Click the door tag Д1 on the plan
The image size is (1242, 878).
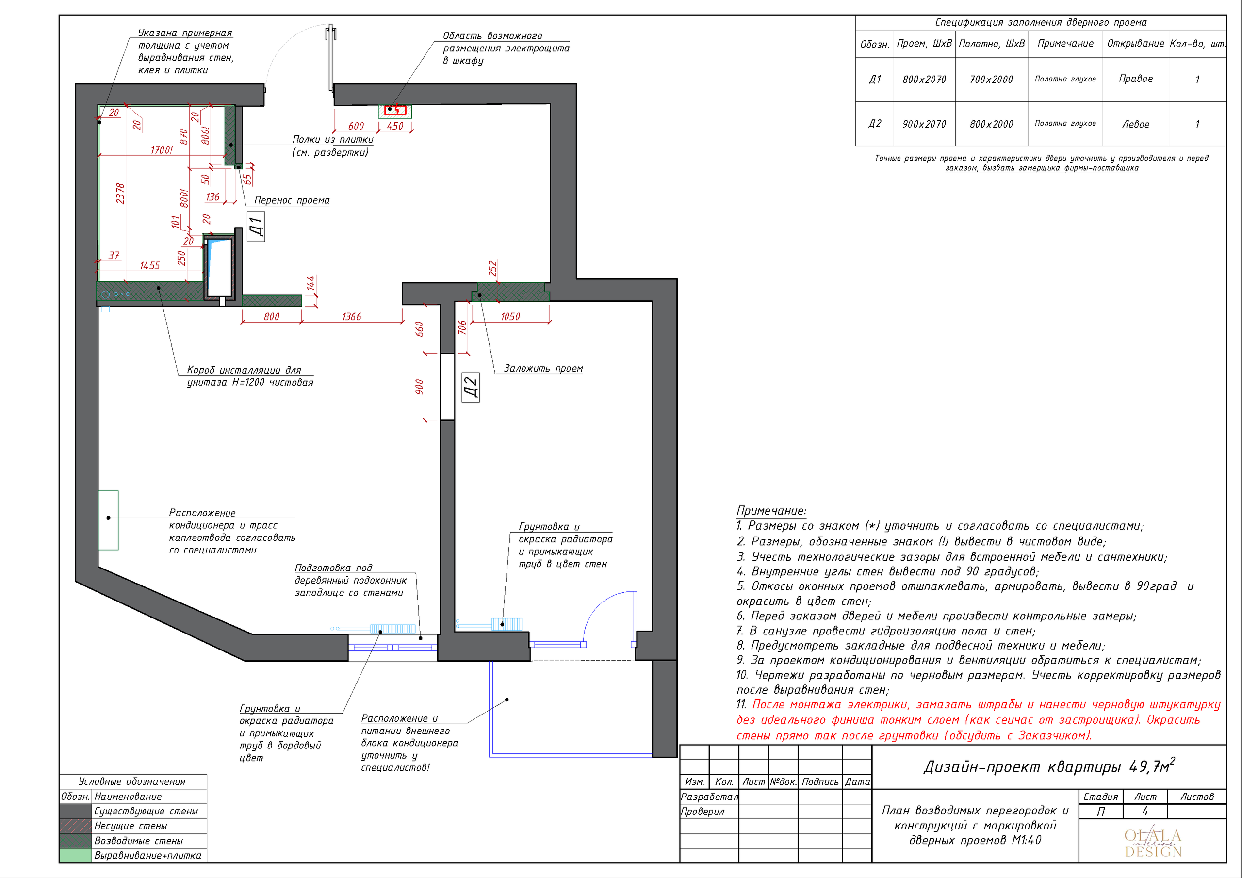(x=256, y=227)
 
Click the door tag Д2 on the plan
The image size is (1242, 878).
(x=471, y=387)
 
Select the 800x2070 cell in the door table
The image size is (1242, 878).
(x=924, y=80)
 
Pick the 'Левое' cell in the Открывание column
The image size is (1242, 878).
(x=1135, y=124)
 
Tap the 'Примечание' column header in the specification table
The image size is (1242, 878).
(x=1065, y=43)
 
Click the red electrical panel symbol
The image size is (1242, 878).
(x=395, y=110)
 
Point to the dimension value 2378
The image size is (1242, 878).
(x=120, y=194)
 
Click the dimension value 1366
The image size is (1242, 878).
(x=352, y=316)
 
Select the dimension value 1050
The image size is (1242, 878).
(x=510, y=316)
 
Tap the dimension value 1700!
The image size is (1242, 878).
(x=162, y=150)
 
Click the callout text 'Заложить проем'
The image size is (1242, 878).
(x=543, y=368)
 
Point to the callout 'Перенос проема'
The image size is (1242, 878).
(x=292, y=200)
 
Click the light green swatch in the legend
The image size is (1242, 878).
(x=75, y=855)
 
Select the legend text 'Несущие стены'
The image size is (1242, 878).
(x=131, y=826)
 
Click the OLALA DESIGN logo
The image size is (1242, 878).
(x=1153, y=843)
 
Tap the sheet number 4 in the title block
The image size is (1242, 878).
(x=1144, y=812)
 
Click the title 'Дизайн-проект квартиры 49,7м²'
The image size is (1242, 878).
(x=1049, y=766)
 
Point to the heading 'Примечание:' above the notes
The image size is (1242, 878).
(x=771, y=511)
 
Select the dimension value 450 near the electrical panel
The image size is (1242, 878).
(x=395, y=126)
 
